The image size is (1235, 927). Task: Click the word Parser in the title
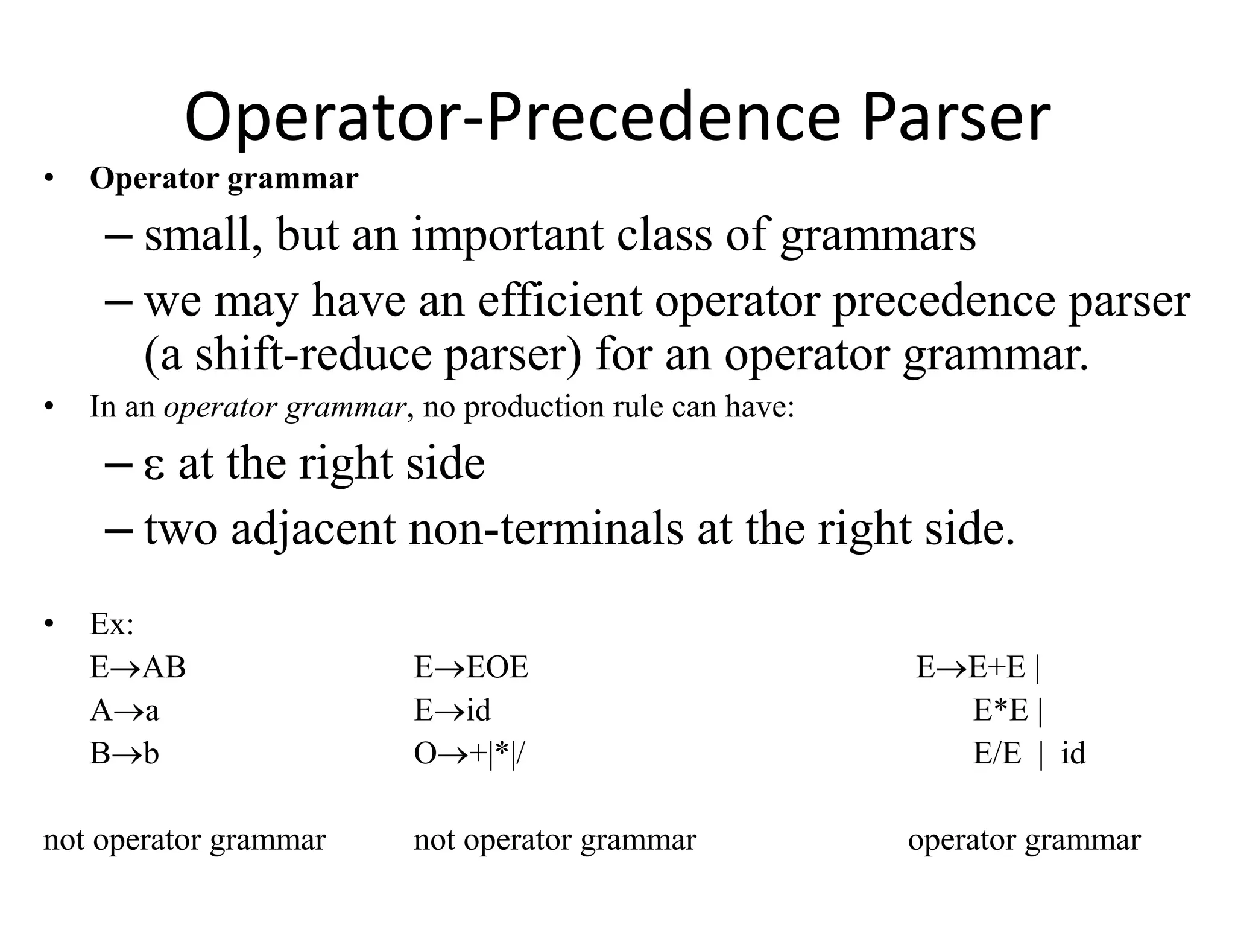tap(956, 118)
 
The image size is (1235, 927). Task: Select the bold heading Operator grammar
tap(224, 179)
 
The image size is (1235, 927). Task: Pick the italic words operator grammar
tap(285, 407)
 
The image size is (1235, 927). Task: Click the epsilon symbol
tap(154, 465)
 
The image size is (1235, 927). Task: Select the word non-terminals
tap(546, 529)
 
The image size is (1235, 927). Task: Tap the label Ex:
tap(112, 624)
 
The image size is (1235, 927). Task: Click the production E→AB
tap(137, 667)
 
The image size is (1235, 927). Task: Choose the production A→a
tap(124, 710)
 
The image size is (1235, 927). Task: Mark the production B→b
tap(124, 754)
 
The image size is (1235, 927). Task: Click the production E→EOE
tap(471, 667)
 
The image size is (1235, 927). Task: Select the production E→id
tap(452, 710)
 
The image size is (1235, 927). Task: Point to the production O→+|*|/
tap(469, 754)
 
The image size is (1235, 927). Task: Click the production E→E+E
tap(971, 667)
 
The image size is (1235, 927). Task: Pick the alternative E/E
tap(997, 754)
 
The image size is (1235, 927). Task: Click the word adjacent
tap(313, 529)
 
